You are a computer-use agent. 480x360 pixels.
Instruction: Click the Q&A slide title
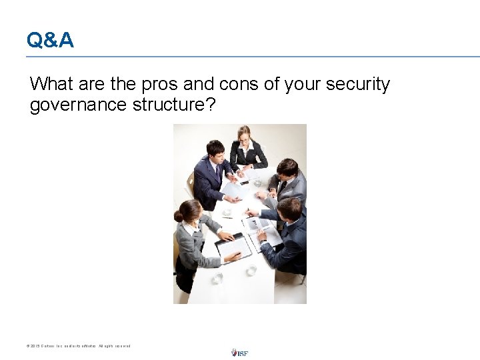(x=50, y=41)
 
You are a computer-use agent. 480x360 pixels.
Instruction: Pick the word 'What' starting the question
(x=51, y=85)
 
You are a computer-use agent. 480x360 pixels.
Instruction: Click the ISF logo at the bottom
(x=239, y=352)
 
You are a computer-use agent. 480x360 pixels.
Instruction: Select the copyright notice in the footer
(x=79, y=346)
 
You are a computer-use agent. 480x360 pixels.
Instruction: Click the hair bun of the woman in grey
(x=178, y=215)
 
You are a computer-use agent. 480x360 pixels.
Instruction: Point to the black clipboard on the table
(x=233, y=248)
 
